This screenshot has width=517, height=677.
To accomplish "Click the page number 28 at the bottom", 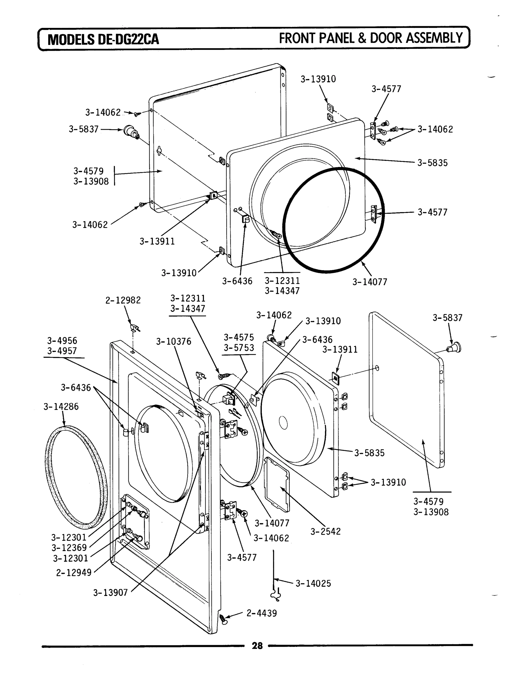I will [x=257, y=646].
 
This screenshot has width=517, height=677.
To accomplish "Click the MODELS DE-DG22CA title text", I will [x=104, y=39].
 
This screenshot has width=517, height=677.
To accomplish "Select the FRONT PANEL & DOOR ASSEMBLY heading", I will [x=371, y=38].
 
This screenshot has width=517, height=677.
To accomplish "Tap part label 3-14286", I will [x=61, y=406].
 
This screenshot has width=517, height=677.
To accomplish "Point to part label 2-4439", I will [x=261, y=613].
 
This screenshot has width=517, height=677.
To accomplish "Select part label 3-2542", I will [x=325, y=531].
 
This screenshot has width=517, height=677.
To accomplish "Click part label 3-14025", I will [x=313, y=583].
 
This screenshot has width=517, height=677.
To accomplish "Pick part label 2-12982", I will [x=123, y=300].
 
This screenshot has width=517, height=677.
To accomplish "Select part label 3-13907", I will [x=111, y=593].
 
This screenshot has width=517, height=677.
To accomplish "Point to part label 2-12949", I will [x=74, y=573].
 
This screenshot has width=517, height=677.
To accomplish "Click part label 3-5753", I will [x=239, y=348].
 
